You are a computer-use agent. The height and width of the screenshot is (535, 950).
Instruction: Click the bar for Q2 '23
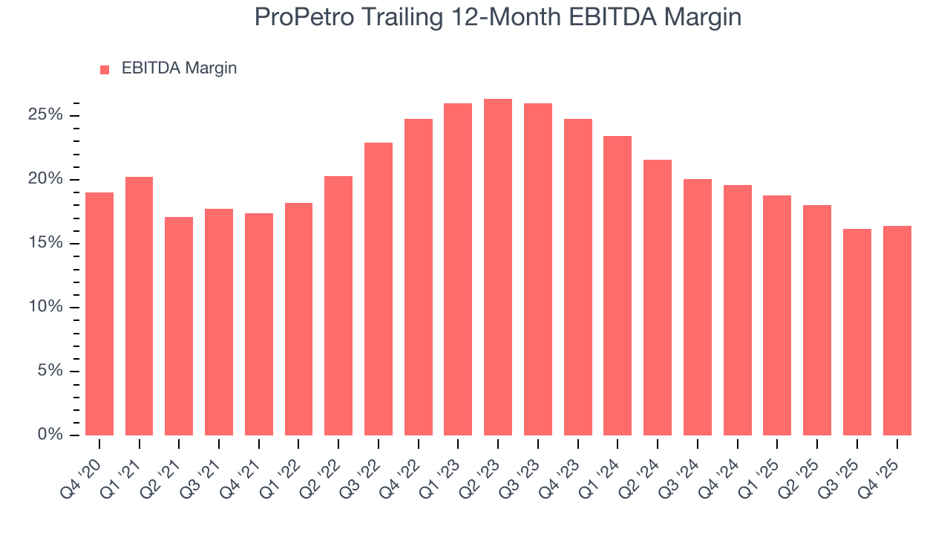coord(498,267)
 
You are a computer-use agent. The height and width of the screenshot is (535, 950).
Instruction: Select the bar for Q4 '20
coord(99,314)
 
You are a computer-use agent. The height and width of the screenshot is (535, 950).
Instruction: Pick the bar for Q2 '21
coord(179,326)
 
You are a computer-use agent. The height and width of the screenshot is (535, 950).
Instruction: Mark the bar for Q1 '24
coord(617,286)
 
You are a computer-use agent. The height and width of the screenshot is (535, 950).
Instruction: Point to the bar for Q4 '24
coord(738,310)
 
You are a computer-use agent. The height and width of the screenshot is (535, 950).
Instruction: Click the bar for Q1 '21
coord(140,306)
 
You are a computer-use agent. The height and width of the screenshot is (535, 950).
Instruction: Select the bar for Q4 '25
coord(897,331)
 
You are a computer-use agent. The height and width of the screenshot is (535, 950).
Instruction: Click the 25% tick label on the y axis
coord(45,115)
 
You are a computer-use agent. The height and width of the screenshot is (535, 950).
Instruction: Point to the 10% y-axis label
coord(45,308)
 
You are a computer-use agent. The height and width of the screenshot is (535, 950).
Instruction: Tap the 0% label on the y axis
coord(49,435)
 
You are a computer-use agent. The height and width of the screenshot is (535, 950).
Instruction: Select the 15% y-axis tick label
coord(45,244)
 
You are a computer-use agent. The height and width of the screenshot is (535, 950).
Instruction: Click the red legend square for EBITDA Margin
coord(105,69)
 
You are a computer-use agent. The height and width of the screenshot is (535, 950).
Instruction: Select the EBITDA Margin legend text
coord(179,68)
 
